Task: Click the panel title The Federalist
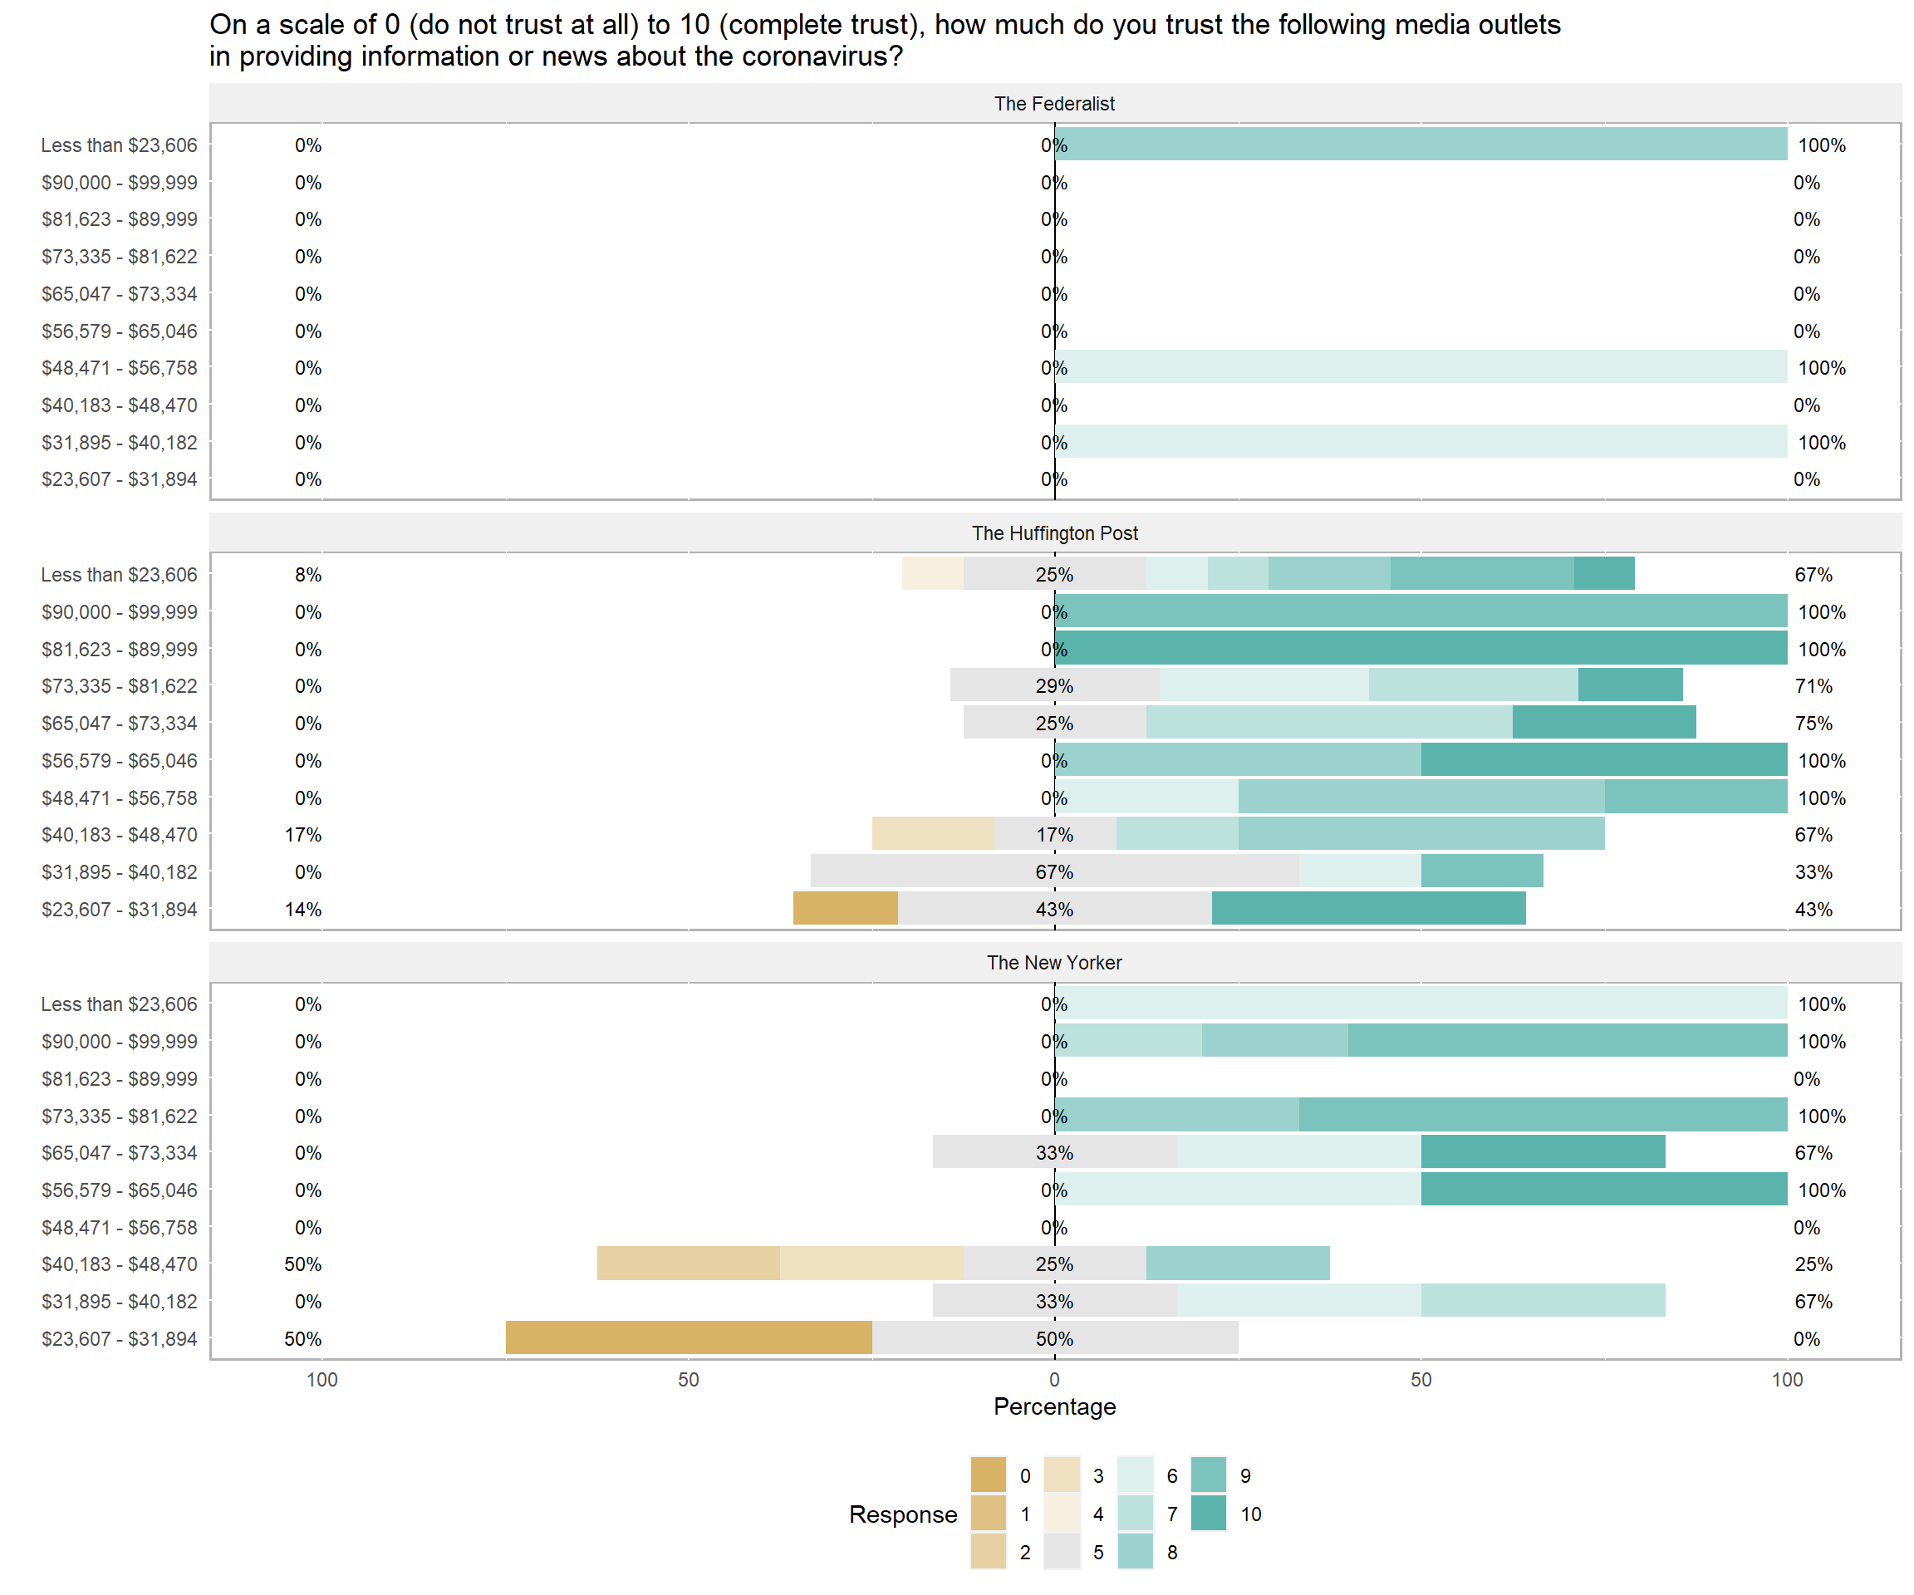pos(1053,104)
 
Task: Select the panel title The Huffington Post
pos(1053,533)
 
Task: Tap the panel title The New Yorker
pos(1053,963)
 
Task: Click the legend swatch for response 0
pos(988,1475)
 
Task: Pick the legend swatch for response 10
pos(1209,1513)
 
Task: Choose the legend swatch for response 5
pos(1062,1551)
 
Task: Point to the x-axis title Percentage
pos(1053,1406)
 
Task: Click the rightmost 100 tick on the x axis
pos(1786,1380)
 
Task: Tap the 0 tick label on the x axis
pos(1054,1380)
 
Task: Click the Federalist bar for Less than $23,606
pos(1420,145)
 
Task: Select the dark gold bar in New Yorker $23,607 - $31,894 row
pos(688,1338)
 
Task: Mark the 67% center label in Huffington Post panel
pos(1053,872)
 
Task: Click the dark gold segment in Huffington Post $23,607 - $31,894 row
pos(845,909)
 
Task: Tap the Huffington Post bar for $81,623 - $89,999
pos(1420,649)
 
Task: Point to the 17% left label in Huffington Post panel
pos(302,835)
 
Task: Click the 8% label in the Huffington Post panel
pos(308,575)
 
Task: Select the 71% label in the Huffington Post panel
pos(1813,686)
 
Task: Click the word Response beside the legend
pos(902,1514)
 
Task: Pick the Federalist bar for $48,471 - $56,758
pos(1420,367)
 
